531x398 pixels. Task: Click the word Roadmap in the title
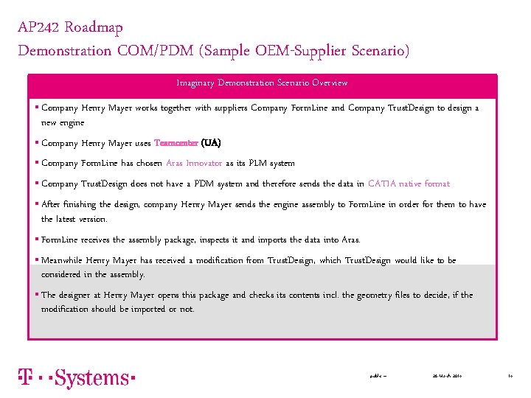[x=94, y=28]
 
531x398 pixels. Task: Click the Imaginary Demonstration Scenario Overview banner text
[x=262, y=83]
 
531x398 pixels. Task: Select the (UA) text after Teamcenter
[x=211, y=143]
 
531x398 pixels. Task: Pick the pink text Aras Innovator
[x=194, y=163]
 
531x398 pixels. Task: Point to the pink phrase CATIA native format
[x=409, y=184]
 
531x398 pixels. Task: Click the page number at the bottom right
[x=510, y=376]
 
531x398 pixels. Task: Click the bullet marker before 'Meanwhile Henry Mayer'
[x=37, y=260]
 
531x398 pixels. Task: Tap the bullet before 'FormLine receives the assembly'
[x=37, y=240]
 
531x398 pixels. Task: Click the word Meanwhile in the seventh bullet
[x=62, y=260]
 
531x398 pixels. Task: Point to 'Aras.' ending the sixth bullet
[x=351, y=240]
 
